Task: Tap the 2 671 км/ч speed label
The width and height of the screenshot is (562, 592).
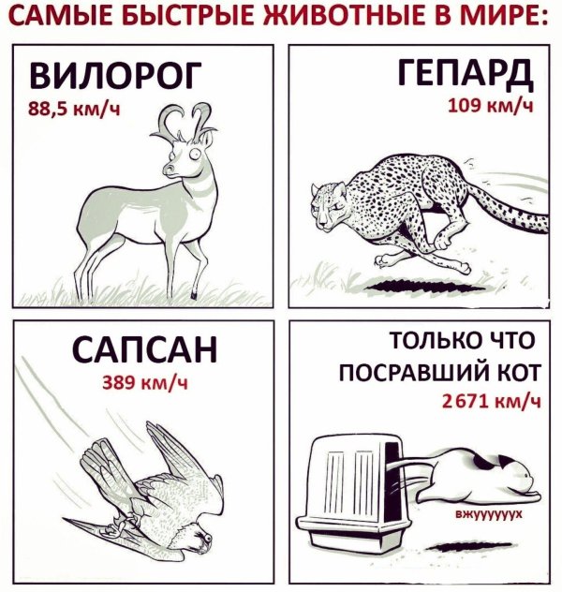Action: pyautogui.click(x=491, y=403)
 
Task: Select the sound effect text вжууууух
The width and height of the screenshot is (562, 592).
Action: pyautogui.click(x=487, y=515)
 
